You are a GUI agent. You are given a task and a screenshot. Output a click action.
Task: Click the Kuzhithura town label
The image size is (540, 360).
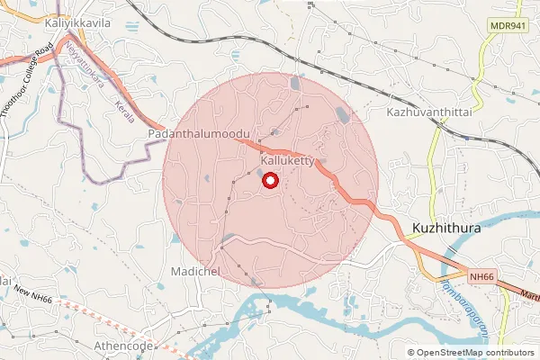(x=446, y=228)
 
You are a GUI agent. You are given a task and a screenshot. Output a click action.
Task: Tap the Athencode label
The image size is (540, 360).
(x=124, y=346)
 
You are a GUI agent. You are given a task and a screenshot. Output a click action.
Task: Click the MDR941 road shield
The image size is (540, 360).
(x=508, y=26)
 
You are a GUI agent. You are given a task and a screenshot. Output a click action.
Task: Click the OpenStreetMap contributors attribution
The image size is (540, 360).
(x=475, y=353)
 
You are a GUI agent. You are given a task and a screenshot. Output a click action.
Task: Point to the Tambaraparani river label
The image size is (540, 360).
(x=465, y=310)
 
